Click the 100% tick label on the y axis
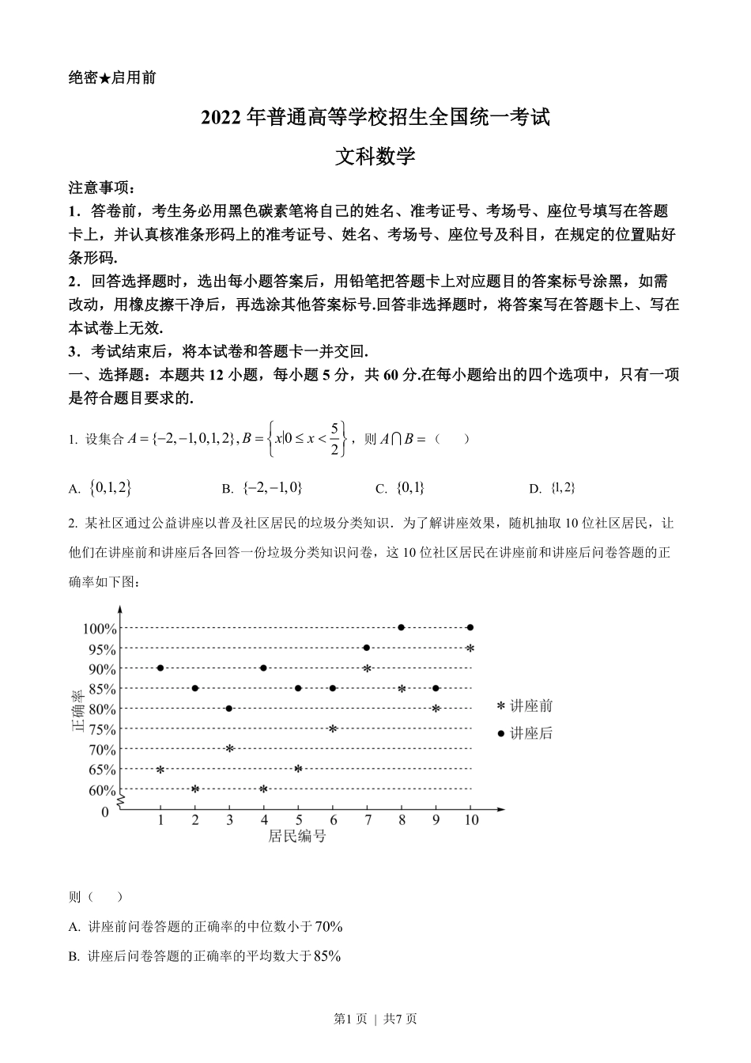pos(100,629)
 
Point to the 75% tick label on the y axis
pos(103,729)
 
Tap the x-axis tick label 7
pos(367,820)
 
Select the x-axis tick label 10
pos(471,820)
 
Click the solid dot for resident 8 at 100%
pos(402,627)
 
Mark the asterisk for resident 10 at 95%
pos(470,649)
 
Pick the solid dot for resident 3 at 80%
pos(229,708)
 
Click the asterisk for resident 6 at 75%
pos(333,728)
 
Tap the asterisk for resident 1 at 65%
pos(160,769)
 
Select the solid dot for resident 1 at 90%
pos(160,668)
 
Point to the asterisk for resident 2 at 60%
pos(194,789)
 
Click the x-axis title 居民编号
pos(296,836)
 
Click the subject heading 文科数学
pos(375,157)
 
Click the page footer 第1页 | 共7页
pos(375,1019)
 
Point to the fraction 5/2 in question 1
pos(334,439)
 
